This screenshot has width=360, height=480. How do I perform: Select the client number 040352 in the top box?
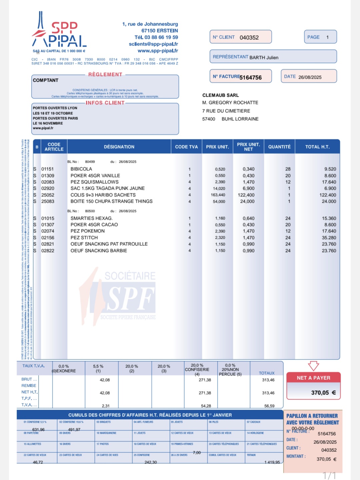(249, 38)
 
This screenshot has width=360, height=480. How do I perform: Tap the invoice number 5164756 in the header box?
(251, 77)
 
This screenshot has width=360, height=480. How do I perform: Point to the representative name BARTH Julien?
(264, 57)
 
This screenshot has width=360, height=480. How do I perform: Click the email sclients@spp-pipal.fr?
(153, 44)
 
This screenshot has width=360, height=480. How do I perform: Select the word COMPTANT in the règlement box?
(46, 80)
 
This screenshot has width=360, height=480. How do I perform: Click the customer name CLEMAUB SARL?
(221, 95)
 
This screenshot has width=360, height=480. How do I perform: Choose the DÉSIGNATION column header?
(119, 147)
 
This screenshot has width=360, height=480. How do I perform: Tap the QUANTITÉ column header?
(279, 147)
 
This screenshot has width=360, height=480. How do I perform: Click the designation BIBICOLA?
(81, 169)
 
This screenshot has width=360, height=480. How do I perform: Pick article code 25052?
(48, 195)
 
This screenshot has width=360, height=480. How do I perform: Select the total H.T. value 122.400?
(328, 195)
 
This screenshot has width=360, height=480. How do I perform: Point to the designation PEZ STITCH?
(84, 238)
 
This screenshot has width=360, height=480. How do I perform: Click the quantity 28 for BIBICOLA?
(288, 169)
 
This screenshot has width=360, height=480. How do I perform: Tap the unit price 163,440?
(218, 195)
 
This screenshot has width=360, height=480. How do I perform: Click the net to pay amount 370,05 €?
(323, 393)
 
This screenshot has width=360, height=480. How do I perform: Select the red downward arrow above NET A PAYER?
(313, 366)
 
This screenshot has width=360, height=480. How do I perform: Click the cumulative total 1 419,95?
(272, 462)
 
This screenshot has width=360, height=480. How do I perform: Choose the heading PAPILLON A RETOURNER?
(312, 416)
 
